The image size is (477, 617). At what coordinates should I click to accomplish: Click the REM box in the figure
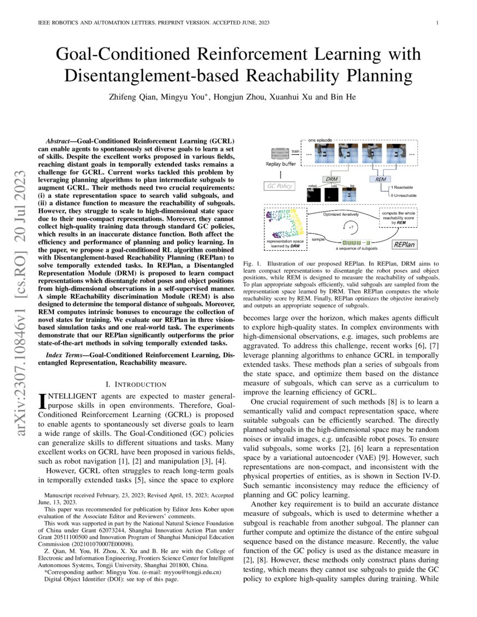point(380,179)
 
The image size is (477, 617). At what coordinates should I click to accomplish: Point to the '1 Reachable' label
point(402,187)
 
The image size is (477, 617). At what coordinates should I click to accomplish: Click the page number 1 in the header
point(437,23)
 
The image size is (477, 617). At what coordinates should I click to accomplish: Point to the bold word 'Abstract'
point(57,140)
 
